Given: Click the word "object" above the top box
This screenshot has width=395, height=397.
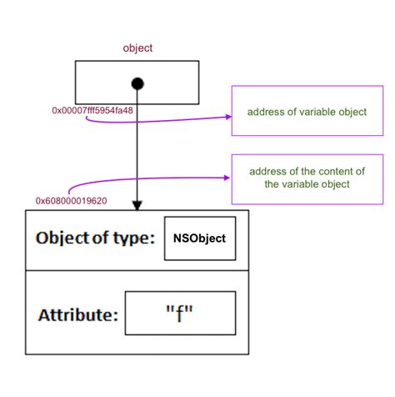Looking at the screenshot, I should click(137, 48).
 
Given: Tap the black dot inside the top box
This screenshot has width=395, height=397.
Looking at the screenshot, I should click(137, 83).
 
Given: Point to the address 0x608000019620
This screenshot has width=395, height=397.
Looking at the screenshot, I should click(70, 200).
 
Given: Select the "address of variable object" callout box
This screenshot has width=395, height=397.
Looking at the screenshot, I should click(306, 111).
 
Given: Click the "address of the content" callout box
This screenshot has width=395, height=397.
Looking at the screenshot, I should click(306, 178).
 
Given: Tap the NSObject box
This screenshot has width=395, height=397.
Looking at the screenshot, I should click(201, 238).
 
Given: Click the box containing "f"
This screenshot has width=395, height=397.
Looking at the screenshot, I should click(180, 313).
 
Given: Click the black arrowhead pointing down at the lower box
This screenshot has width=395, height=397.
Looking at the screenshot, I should click(137, 204).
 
